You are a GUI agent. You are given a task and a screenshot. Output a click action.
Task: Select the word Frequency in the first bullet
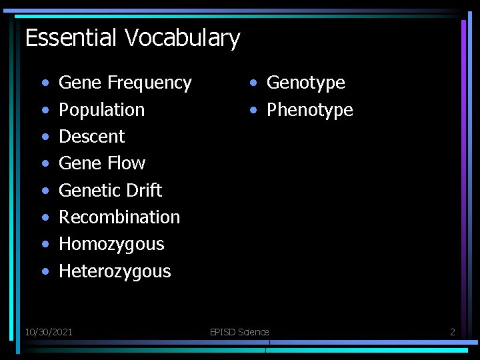point(149,83)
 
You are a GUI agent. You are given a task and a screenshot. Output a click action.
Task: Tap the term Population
point(101,110)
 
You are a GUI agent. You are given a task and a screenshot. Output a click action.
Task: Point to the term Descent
point(92,137)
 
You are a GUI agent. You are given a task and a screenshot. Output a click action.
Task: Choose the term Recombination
point(119,217)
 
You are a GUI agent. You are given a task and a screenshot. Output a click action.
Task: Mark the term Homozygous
point(111,244)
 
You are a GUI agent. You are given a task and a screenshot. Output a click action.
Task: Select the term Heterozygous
point(115,271)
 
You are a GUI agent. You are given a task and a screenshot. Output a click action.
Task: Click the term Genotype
point(306,83)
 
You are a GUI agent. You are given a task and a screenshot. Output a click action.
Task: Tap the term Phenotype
point(310,110)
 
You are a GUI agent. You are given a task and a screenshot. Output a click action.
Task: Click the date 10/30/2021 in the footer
point(49,331)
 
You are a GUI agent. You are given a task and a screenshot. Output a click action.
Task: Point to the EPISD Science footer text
point(239,331)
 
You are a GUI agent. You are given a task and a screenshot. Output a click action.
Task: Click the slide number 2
point(453,331)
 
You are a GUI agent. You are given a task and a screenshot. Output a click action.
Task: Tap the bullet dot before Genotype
point(254,83)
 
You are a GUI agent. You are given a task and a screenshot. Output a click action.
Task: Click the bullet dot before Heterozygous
point(44,271)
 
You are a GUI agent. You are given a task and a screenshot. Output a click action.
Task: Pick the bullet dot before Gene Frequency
point(44,83)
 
